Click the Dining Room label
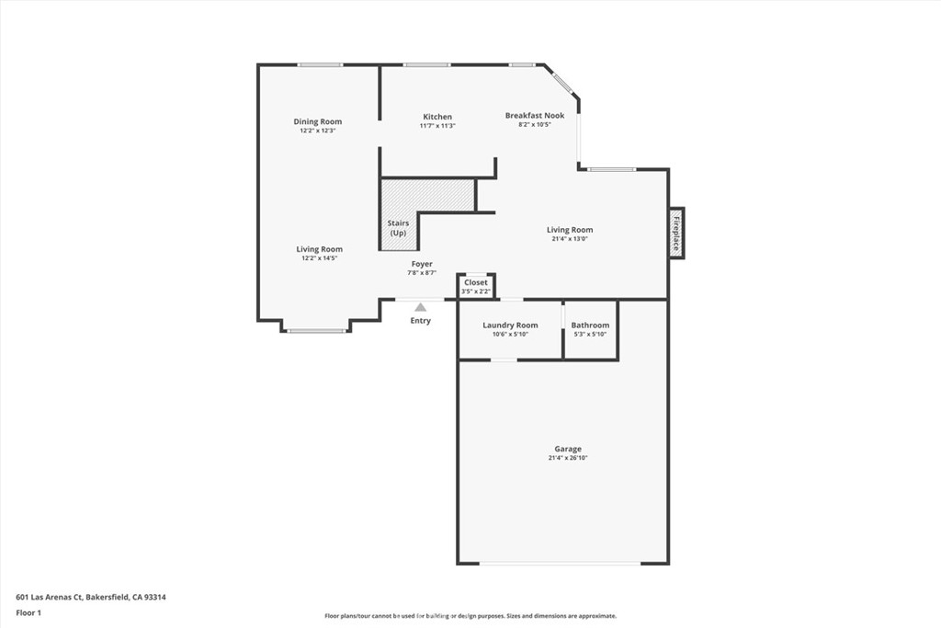318,121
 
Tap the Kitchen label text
437,117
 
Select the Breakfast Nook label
535,115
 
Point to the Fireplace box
676,233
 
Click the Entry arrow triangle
420,307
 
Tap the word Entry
420,321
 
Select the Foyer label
422,264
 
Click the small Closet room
476,286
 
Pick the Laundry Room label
511,325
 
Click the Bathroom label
590,325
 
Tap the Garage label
568,449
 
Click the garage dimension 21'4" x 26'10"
568,458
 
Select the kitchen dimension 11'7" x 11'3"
437,126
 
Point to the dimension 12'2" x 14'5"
320,258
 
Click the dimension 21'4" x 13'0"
570,239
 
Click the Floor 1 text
28,612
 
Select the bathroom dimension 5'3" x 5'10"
590,335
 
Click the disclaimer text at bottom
470,616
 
